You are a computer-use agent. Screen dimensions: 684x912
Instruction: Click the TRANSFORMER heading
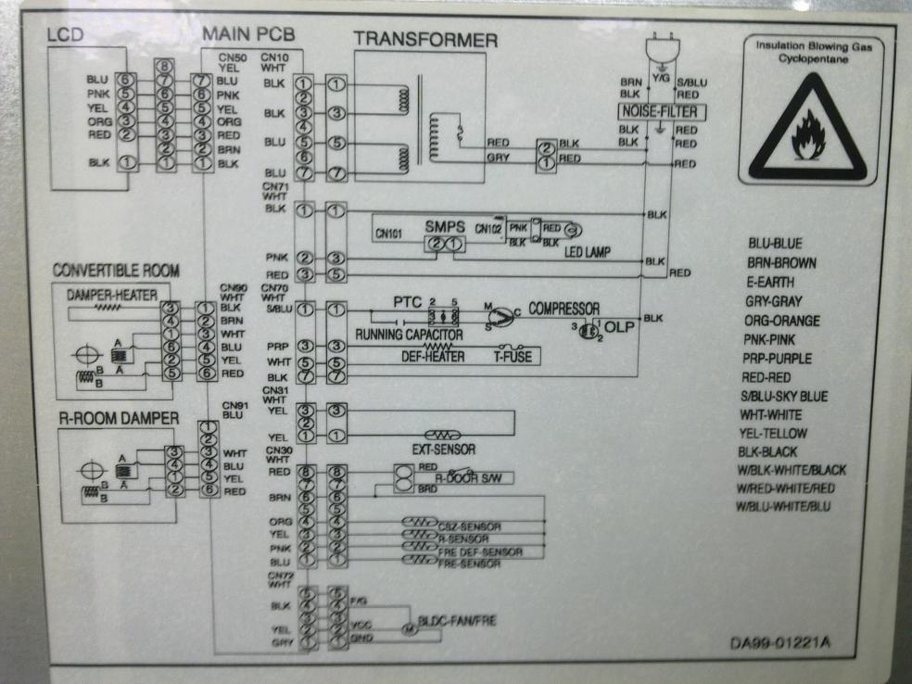click(x=425, y=40)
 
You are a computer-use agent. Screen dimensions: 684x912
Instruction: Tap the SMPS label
click(x=443, y=226)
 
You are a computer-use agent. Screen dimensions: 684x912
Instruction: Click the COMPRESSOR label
click(x=564, y=308)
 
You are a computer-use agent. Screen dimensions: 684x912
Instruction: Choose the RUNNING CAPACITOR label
click(x=409, y=333)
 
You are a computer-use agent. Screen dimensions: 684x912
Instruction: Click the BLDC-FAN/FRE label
click(x=457, y=622)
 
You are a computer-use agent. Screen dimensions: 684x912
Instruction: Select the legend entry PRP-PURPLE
click(x=778, y=359)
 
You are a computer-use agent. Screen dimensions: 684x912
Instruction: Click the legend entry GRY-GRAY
click(x=774, y=301)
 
